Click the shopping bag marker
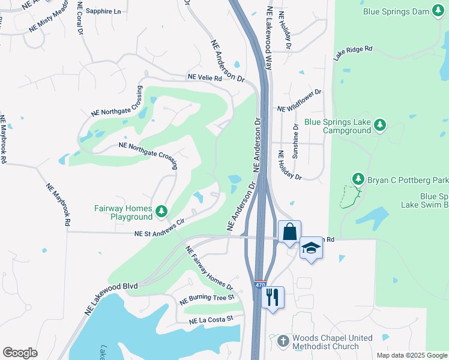pos(289,232)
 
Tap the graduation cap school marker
pos(311,247)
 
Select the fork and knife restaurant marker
pos(273,297)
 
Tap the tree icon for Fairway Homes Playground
pos(161,211)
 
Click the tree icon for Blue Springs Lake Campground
pos(379,125)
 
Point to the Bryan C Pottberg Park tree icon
pos(358,179)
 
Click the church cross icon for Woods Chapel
pos(283,342)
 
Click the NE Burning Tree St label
pos(206,298)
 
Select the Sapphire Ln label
pos(103,11)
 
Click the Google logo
pos(20,353)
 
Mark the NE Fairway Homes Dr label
pos(208,268)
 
